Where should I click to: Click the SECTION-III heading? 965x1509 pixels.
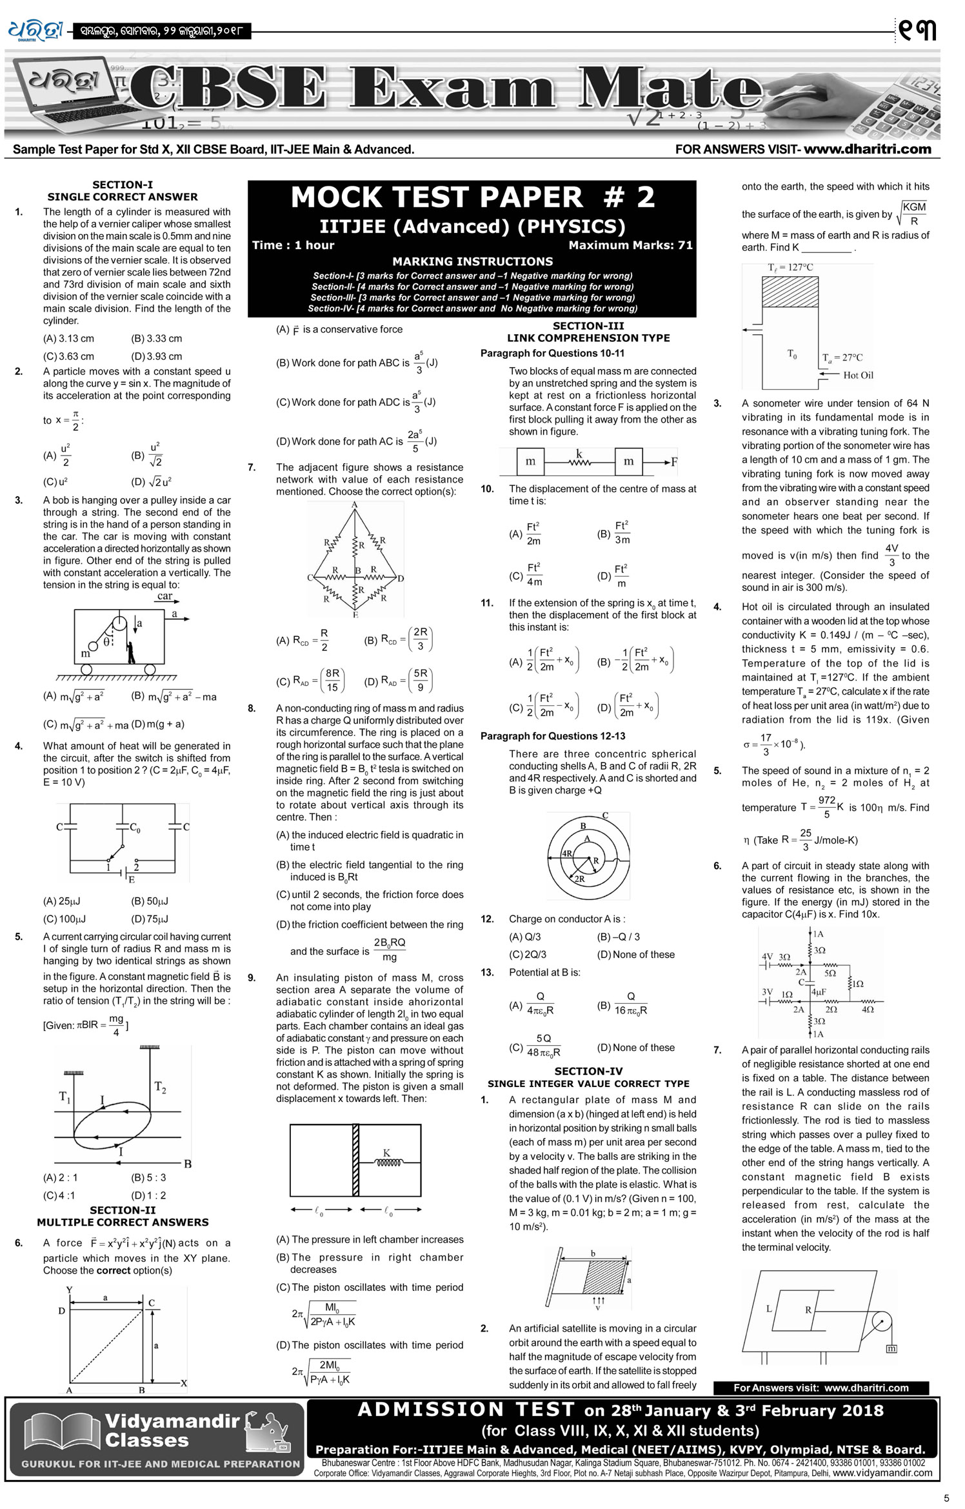[588, 326]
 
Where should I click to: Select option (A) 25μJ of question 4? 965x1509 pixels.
[61, 901]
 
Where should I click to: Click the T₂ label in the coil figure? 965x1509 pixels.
[160, 1087]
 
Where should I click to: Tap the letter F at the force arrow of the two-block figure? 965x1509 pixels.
[674, 462]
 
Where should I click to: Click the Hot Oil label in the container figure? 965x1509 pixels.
[858, 375]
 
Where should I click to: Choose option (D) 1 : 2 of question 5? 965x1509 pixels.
[148, 1195]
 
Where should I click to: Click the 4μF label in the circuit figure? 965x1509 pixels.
[819, 992]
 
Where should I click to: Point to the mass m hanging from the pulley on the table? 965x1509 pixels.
[891, 1348]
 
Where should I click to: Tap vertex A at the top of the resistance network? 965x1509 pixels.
[354, 505]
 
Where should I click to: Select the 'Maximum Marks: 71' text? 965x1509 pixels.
[630, 245]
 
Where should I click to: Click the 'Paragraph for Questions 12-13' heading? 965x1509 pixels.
[552, 735]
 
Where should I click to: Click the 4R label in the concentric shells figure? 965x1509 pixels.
[567, 852]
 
